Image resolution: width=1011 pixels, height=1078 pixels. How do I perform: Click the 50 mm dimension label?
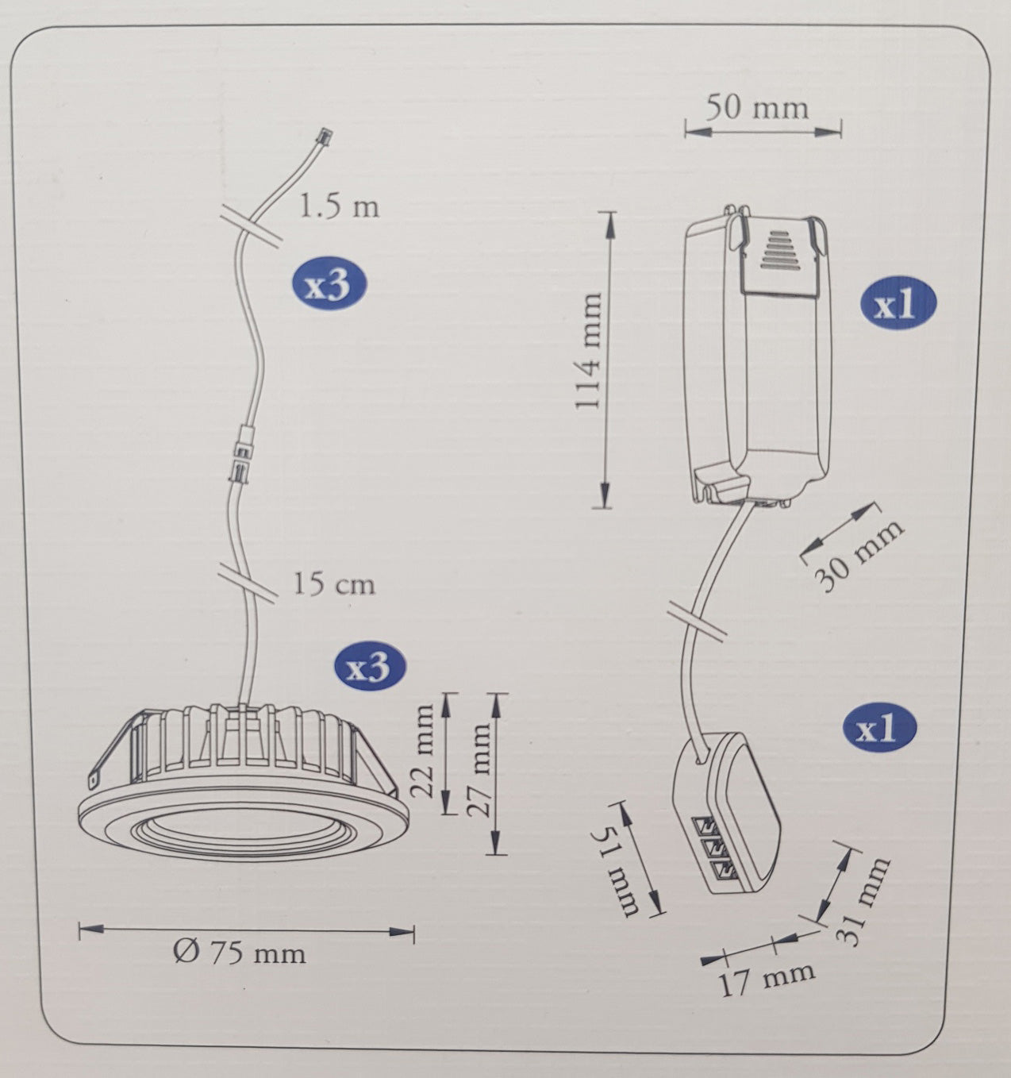[757, 106]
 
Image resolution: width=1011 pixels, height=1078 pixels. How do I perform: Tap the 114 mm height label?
[590, 350]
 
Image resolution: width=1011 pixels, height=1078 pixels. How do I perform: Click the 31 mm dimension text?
[862, 902]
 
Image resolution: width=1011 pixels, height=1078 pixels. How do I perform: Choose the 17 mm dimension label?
[767, 979]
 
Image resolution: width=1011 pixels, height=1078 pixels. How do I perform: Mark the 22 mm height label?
[425, 750]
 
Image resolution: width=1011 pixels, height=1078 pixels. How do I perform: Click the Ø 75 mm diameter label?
[239, 952]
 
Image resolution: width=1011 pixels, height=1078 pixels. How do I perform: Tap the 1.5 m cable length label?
[339, 207]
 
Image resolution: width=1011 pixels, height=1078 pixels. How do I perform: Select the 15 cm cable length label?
[334, 584]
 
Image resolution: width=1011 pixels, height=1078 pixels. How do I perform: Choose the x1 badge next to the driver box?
[898, 304]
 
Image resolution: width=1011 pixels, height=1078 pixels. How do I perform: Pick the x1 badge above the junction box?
[878, 727]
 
